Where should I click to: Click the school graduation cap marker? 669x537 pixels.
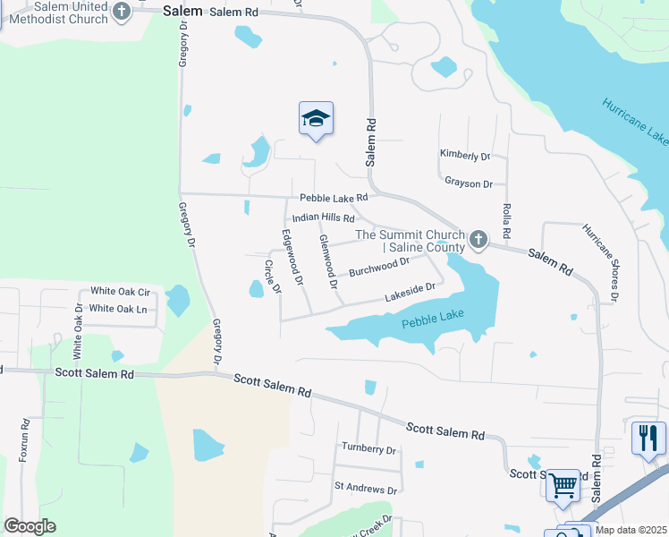coord(316,118)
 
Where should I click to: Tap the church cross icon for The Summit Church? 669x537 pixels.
coord(478,240)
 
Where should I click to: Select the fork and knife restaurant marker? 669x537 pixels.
coord(648,438)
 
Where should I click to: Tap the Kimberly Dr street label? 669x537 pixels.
coord(465,155)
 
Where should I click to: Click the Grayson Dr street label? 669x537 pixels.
coord(469,183)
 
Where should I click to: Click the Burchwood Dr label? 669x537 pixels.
coord(378,267)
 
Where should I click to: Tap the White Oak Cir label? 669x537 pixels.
coord(120,292)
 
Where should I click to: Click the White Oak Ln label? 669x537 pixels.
coord(118,309)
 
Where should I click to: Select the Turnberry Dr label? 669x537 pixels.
coord(368,447)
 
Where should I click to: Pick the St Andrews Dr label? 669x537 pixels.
coord(365,490)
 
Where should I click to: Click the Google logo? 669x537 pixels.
coord(30,526)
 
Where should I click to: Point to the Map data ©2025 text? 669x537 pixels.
coord(631,530)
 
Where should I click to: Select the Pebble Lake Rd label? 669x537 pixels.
coord(334,198)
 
